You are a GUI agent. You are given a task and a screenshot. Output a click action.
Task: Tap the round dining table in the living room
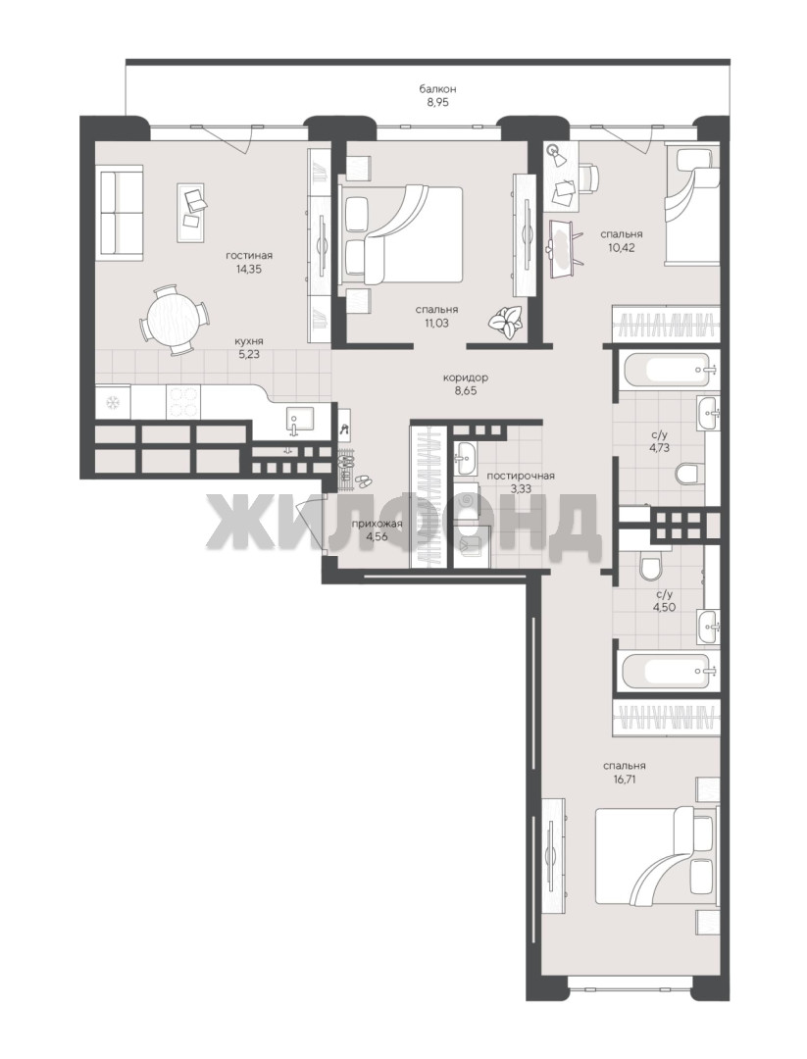[x=174, y=320]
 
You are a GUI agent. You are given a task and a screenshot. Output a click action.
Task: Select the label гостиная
[x=249, y=255]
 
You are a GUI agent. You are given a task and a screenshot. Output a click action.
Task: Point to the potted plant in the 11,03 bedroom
[x=506, y=320]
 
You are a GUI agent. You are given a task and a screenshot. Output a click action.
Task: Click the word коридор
[x=466, y=378]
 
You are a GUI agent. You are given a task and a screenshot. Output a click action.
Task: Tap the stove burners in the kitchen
[x=181, y=401]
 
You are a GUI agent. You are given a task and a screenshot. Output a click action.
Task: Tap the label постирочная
[x=521, y=476]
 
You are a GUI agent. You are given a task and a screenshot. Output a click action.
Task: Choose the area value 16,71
[x=626, y=779]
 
